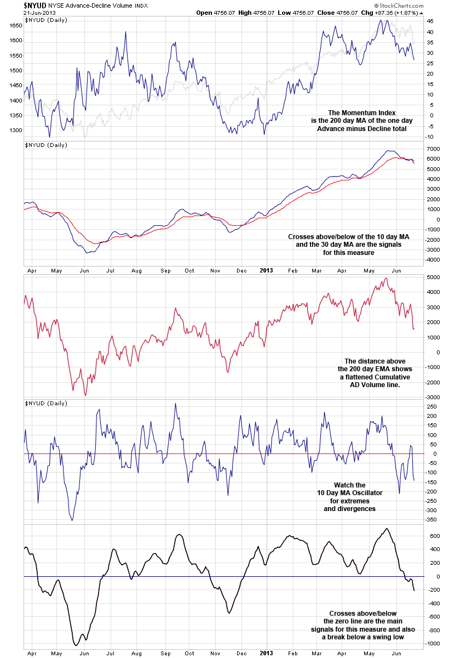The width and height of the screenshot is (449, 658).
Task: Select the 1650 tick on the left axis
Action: [16, 26]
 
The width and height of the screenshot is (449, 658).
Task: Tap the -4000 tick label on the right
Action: [433, 260]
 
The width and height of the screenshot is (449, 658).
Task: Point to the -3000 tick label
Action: [433, 397]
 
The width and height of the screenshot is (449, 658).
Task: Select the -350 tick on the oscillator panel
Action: [433, 519]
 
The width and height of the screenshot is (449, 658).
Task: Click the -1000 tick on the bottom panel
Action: [433, 644]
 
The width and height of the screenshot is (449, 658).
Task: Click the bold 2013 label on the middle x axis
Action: [266, 270]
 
